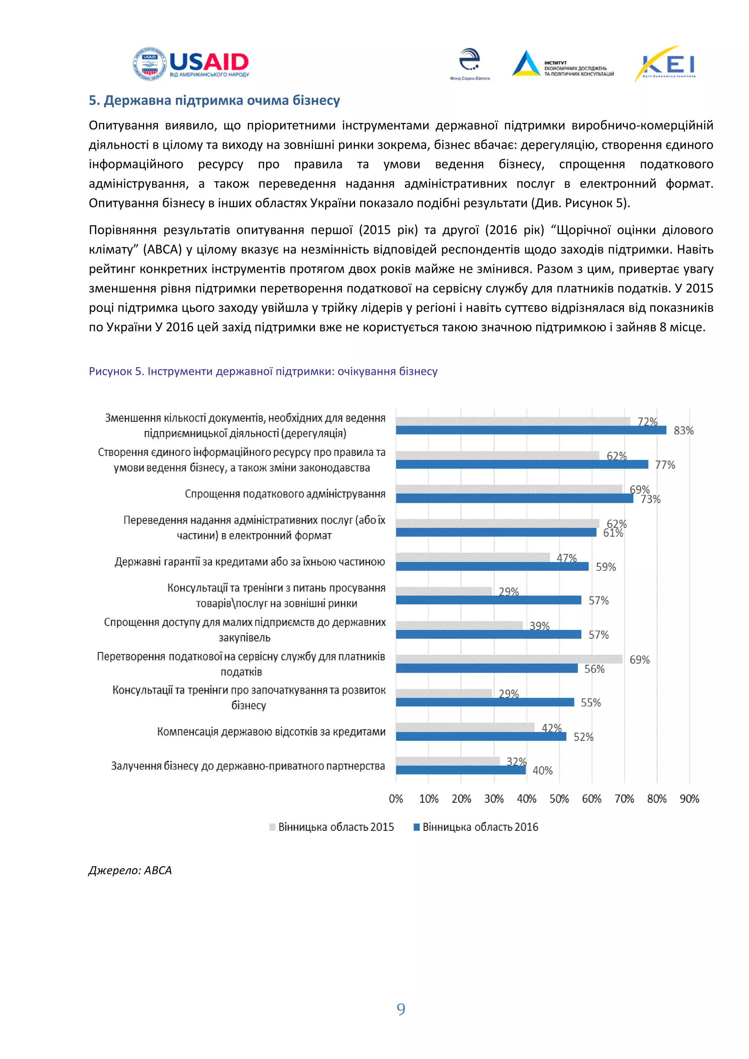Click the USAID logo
pos(191,64)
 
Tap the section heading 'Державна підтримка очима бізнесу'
pos(214,101)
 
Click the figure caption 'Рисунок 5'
pos(263,371)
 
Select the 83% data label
pos(683,430)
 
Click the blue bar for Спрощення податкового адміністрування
pos(514,498)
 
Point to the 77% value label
pos(665,465)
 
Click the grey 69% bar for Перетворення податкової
pos(509,659)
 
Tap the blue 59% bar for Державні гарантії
pos(492,566)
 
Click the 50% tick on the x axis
pos(559,799)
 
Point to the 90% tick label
pos(689,799)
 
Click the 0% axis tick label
pos(396,799)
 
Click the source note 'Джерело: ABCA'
pos(130,870)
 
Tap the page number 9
pos(401,1010)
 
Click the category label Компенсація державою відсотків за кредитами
pos(271,732)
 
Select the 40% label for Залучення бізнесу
pos(542,771)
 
